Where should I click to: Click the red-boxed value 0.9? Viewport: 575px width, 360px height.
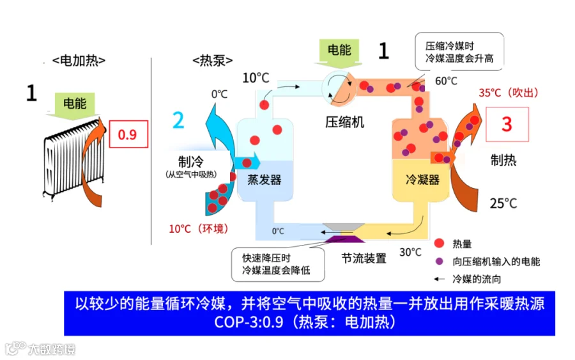click(x=128, y=135)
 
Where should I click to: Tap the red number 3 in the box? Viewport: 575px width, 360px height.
click(x=507, y=123)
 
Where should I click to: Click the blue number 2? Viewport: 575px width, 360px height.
click(x=178, y=120)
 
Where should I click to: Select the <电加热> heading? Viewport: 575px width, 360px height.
click(x=79, y=61)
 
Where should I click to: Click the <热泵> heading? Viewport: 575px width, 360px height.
click(x=212, y=61)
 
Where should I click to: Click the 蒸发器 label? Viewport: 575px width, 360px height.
click(x=264, y=180)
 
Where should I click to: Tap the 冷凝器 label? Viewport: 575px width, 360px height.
click(x=423, y=180)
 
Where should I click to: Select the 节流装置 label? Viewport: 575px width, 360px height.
click(x=364, y=258)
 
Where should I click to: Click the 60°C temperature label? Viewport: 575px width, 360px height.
click(x=447, y=81)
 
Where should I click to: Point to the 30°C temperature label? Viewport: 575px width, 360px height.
click(x=411, y=252)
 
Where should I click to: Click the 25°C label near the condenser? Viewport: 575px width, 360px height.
click(x=503, y=203)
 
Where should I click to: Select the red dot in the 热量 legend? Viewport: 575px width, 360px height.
click(x=439, y=244)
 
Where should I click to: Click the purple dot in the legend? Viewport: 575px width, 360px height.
click(x=439, y=261)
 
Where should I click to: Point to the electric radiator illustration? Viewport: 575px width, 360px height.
click(x=72, y=160)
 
